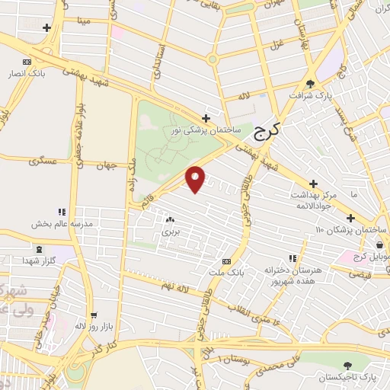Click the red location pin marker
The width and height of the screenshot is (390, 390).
pos(196,178)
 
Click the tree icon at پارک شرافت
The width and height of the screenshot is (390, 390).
pos(309,84)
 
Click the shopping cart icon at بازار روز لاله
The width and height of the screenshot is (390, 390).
pos(94,314)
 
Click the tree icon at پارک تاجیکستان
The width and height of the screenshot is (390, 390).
pos(348,366)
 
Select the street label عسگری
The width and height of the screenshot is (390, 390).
pos(41,161)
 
